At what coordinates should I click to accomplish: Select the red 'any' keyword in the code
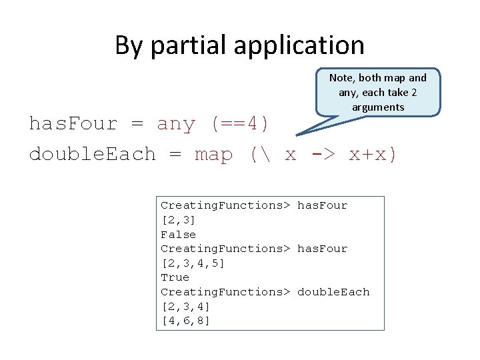(x=176, y=124)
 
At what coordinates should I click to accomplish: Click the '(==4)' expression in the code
(x=240, y=124)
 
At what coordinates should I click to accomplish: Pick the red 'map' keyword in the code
(x=214, y=155)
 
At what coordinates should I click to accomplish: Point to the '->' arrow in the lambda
(x=323, y=155)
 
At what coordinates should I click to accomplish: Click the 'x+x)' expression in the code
(x=373, y=155)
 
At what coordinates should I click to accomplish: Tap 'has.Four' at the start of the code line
(x=73, y=124)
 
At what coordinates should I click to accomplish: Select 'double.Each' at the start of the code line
(x=92, y=155)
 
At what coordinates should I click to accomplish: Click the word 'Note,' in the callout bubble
(x=343, y=78)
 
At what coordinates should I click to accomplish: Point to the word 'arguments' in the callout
(x=378, y=107)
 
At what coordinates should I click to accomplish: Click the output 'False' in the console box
(x=178, y=235)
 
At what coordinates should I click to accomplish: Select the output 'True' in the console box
(x=175, y=277)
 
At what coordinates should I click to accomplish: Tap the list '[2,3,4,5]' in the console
(x=193, y=263)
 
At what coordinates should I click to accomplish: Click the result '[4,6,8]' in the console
(x=185, y=321)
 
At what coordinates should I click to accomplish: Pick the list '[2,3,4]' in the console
(x=185, y=307)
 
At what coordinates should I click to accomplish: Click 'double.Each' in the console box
(x=333, y=292)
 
